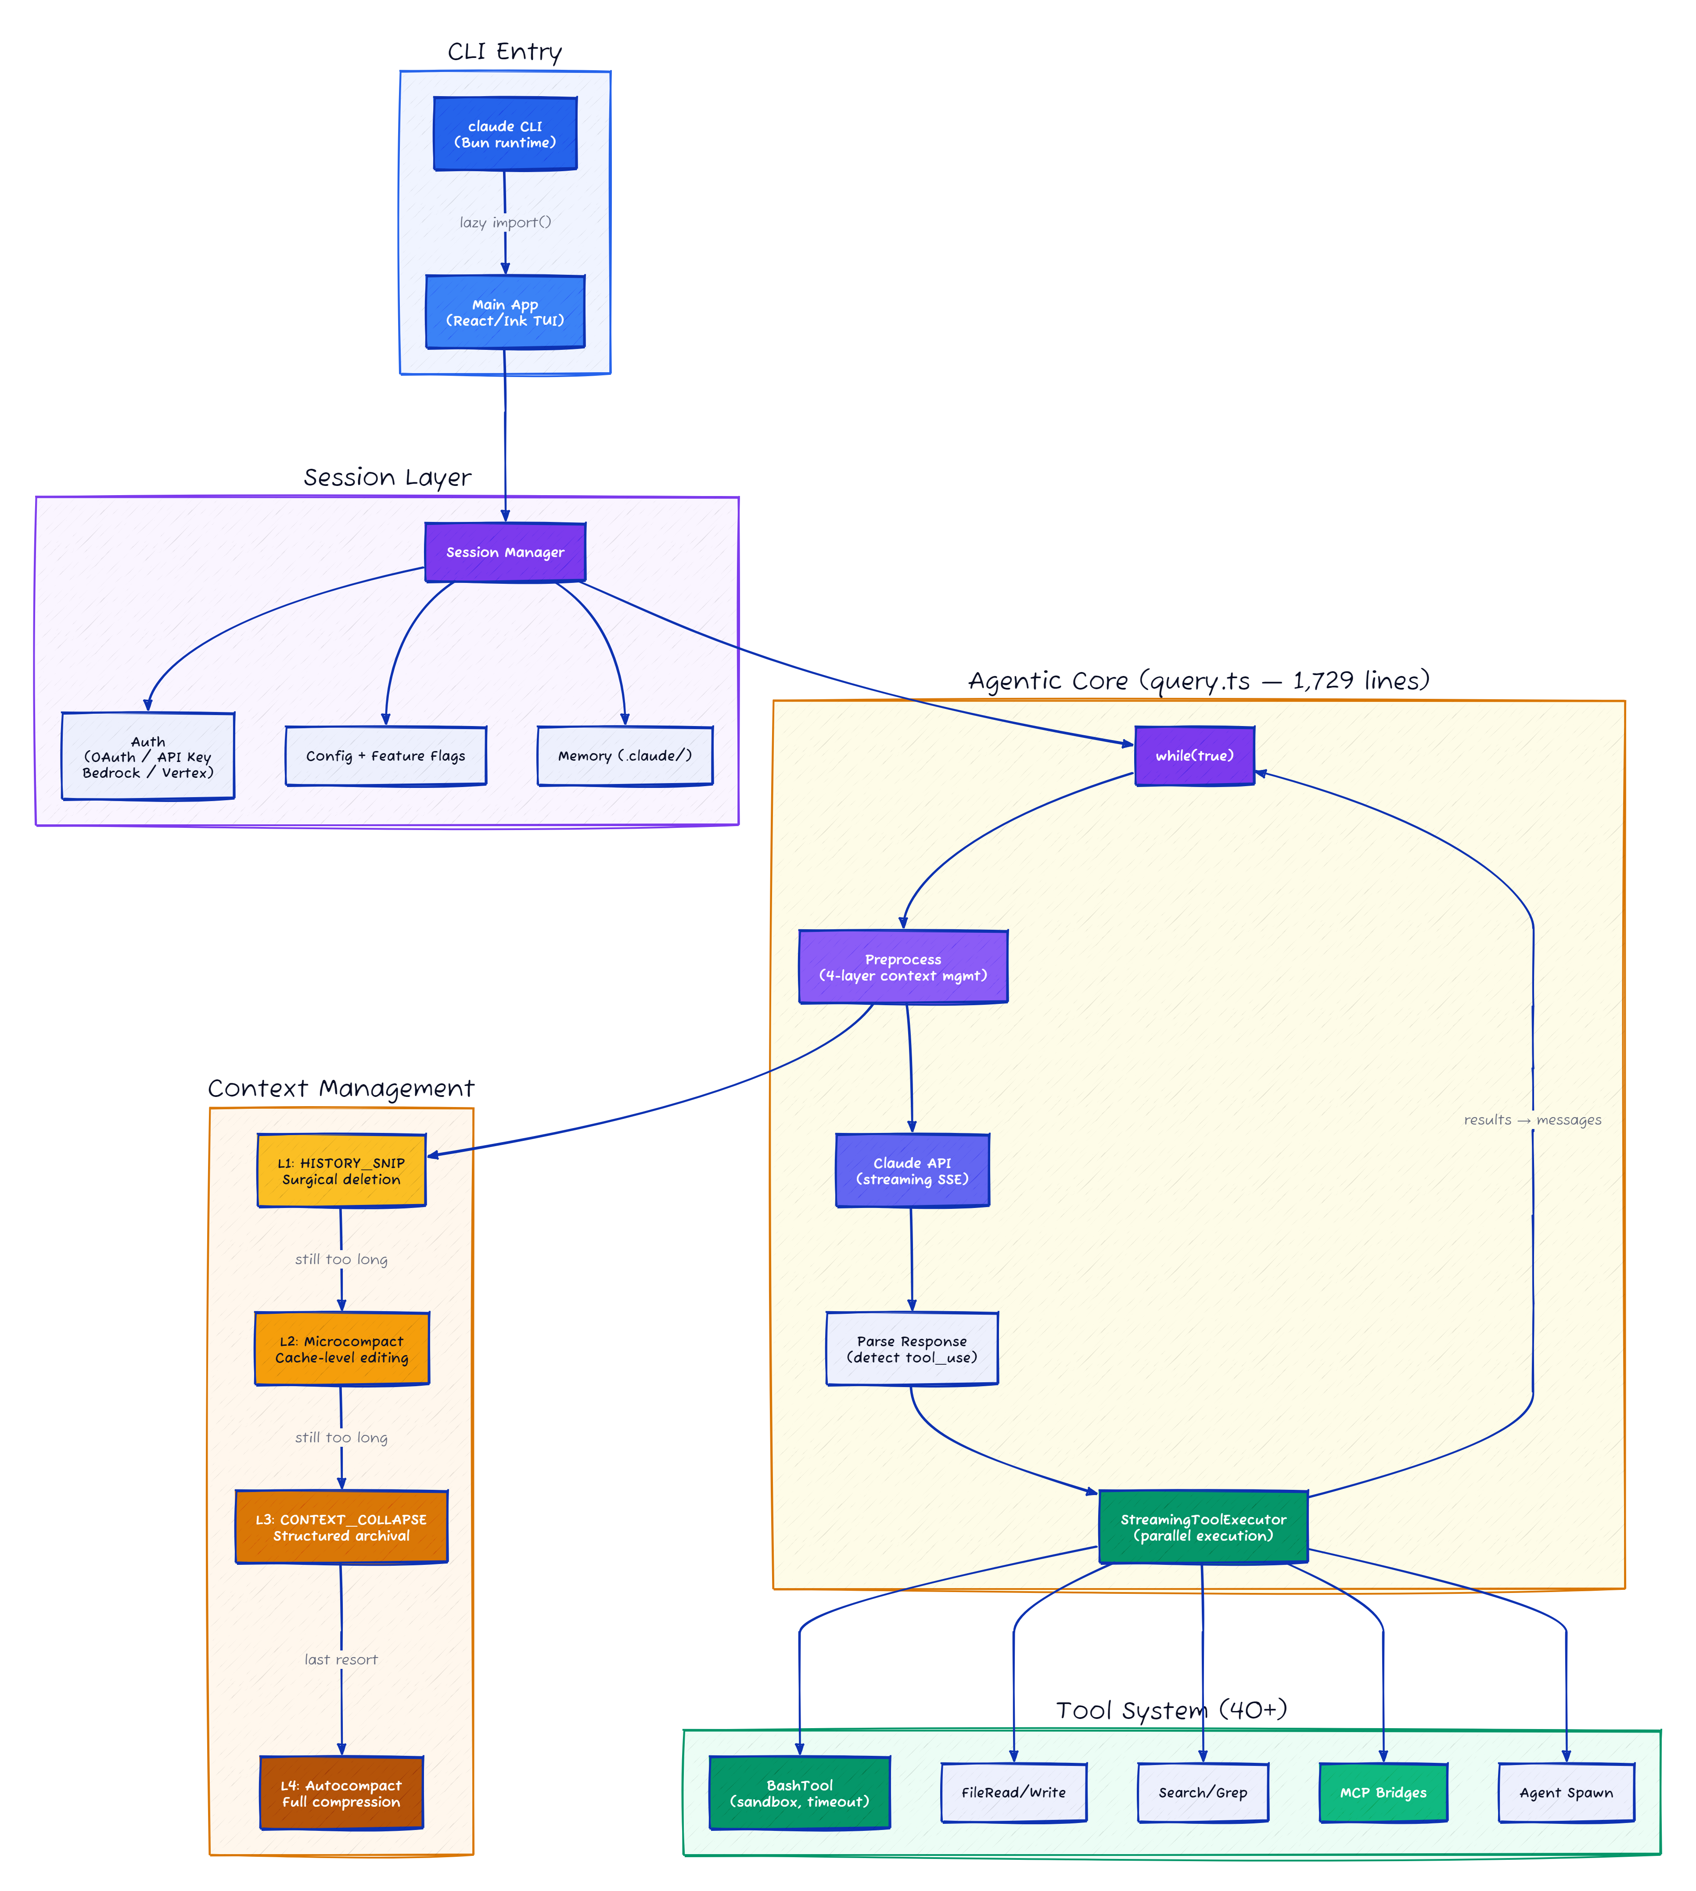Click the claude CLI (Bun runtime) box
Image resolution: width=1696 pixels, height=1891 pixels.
pos(505,134)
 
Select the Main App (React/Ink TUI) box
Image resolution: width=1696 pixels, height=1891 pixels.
pos(505,312)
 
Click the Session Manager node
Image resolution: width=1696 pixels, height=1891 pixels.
pos(505,553)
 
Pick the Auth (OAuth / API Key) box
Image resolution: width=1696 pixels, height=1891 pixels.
pos(148,757)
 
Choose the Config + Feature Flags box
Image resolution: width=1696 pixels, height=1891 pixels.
pos(386,756)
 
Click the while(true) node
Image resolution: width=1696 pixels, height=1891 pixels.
pos(1195,756)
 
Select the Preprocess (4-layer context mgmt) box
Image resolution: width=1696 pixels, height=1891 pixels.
pos(903,967)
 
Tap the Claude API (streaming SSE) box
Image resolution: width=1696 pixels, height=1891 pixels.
pos(912,1171)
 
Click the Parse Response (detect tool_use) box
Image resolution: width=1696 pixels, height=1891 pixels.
pos(912,1348)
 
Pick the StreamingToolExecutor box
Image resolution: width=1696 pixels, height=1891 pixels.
pos(1203,1528)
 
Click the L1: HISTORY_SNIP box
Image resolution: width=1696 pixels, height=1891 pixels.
pos(341,1171)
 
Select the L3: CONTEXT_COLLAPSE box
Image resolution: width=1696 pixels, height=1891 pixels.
pos(341,1528)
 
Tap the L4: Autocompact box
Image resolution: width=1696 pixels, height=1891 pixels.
pos(341,1793)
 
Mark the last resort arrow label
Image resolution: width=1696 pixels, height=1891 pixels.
pos(341,1660)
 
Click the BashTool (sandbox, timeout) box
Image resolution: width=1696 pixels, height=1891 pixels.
pos(800,1793)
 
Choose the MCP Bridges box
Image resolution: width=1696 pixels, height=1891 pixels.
pos(1383,1793)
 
